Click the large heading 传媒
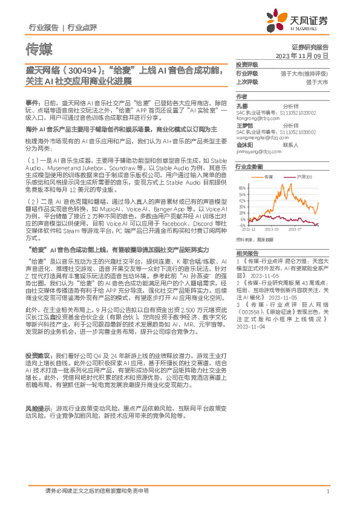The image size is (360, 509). click(39, 49)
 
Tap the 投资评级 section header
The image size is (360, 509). click(247, 64)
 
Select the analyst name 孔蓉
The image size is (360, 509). click(242, 105)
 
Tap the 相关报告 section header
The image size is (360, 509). click(247, 253)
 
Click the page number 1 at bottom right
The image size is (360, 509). click(327, 491)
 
